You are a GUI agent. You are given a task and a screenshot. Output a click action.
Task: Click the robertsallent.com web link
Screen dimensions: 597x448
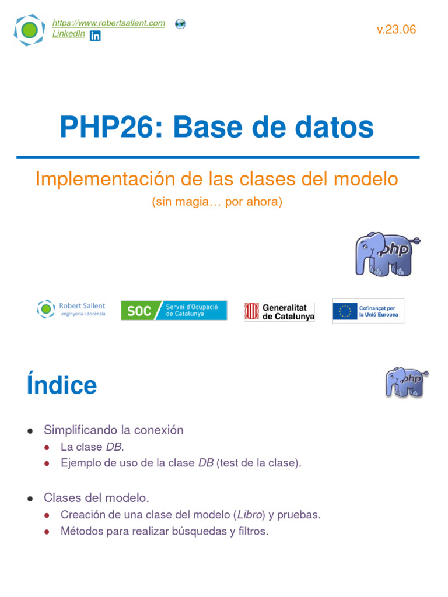108,23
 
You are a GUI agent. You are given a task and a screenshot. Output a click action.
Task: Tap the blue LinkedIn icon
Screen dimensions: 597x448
95,36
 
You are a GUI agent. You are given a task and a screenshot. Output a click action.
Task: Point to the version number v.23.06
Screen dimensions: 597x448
397,30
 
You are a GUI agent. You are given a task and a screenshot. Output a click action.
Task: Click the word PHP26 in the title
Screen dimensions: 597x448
104,127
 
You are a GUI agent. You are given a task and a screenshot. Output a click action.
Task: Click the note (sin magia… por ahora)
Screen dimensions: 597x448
217,202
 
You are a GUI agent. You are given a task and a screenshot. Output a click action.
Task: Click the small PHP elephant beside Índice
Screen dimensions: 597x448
407,382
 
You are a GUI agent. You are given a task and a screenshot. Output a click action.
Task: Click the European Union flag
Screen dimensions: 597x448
345,311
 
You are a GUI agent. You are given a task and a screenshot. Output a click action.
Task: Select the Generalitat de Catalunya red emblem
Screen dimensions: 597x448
251,311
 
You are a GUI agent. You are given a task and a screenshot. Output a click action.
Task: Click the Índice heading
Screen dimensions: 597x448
62,385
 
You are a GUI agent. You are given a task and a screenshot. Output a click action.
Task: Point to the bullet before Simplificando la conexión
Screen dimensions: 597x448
30,430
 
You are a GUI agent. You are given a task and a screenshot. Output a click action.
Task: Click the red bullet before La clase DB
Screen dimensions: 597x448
47,447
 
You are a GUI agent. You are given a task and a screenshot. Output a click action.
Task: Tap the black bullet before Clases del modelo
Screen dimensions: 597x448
30,498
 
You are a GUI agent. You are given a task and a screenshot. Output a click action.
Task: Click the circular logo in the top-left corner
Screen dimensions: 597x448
29,30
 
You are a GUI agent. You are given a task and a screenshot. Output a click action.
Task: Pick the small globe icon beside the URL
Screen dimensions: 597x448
180,24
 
